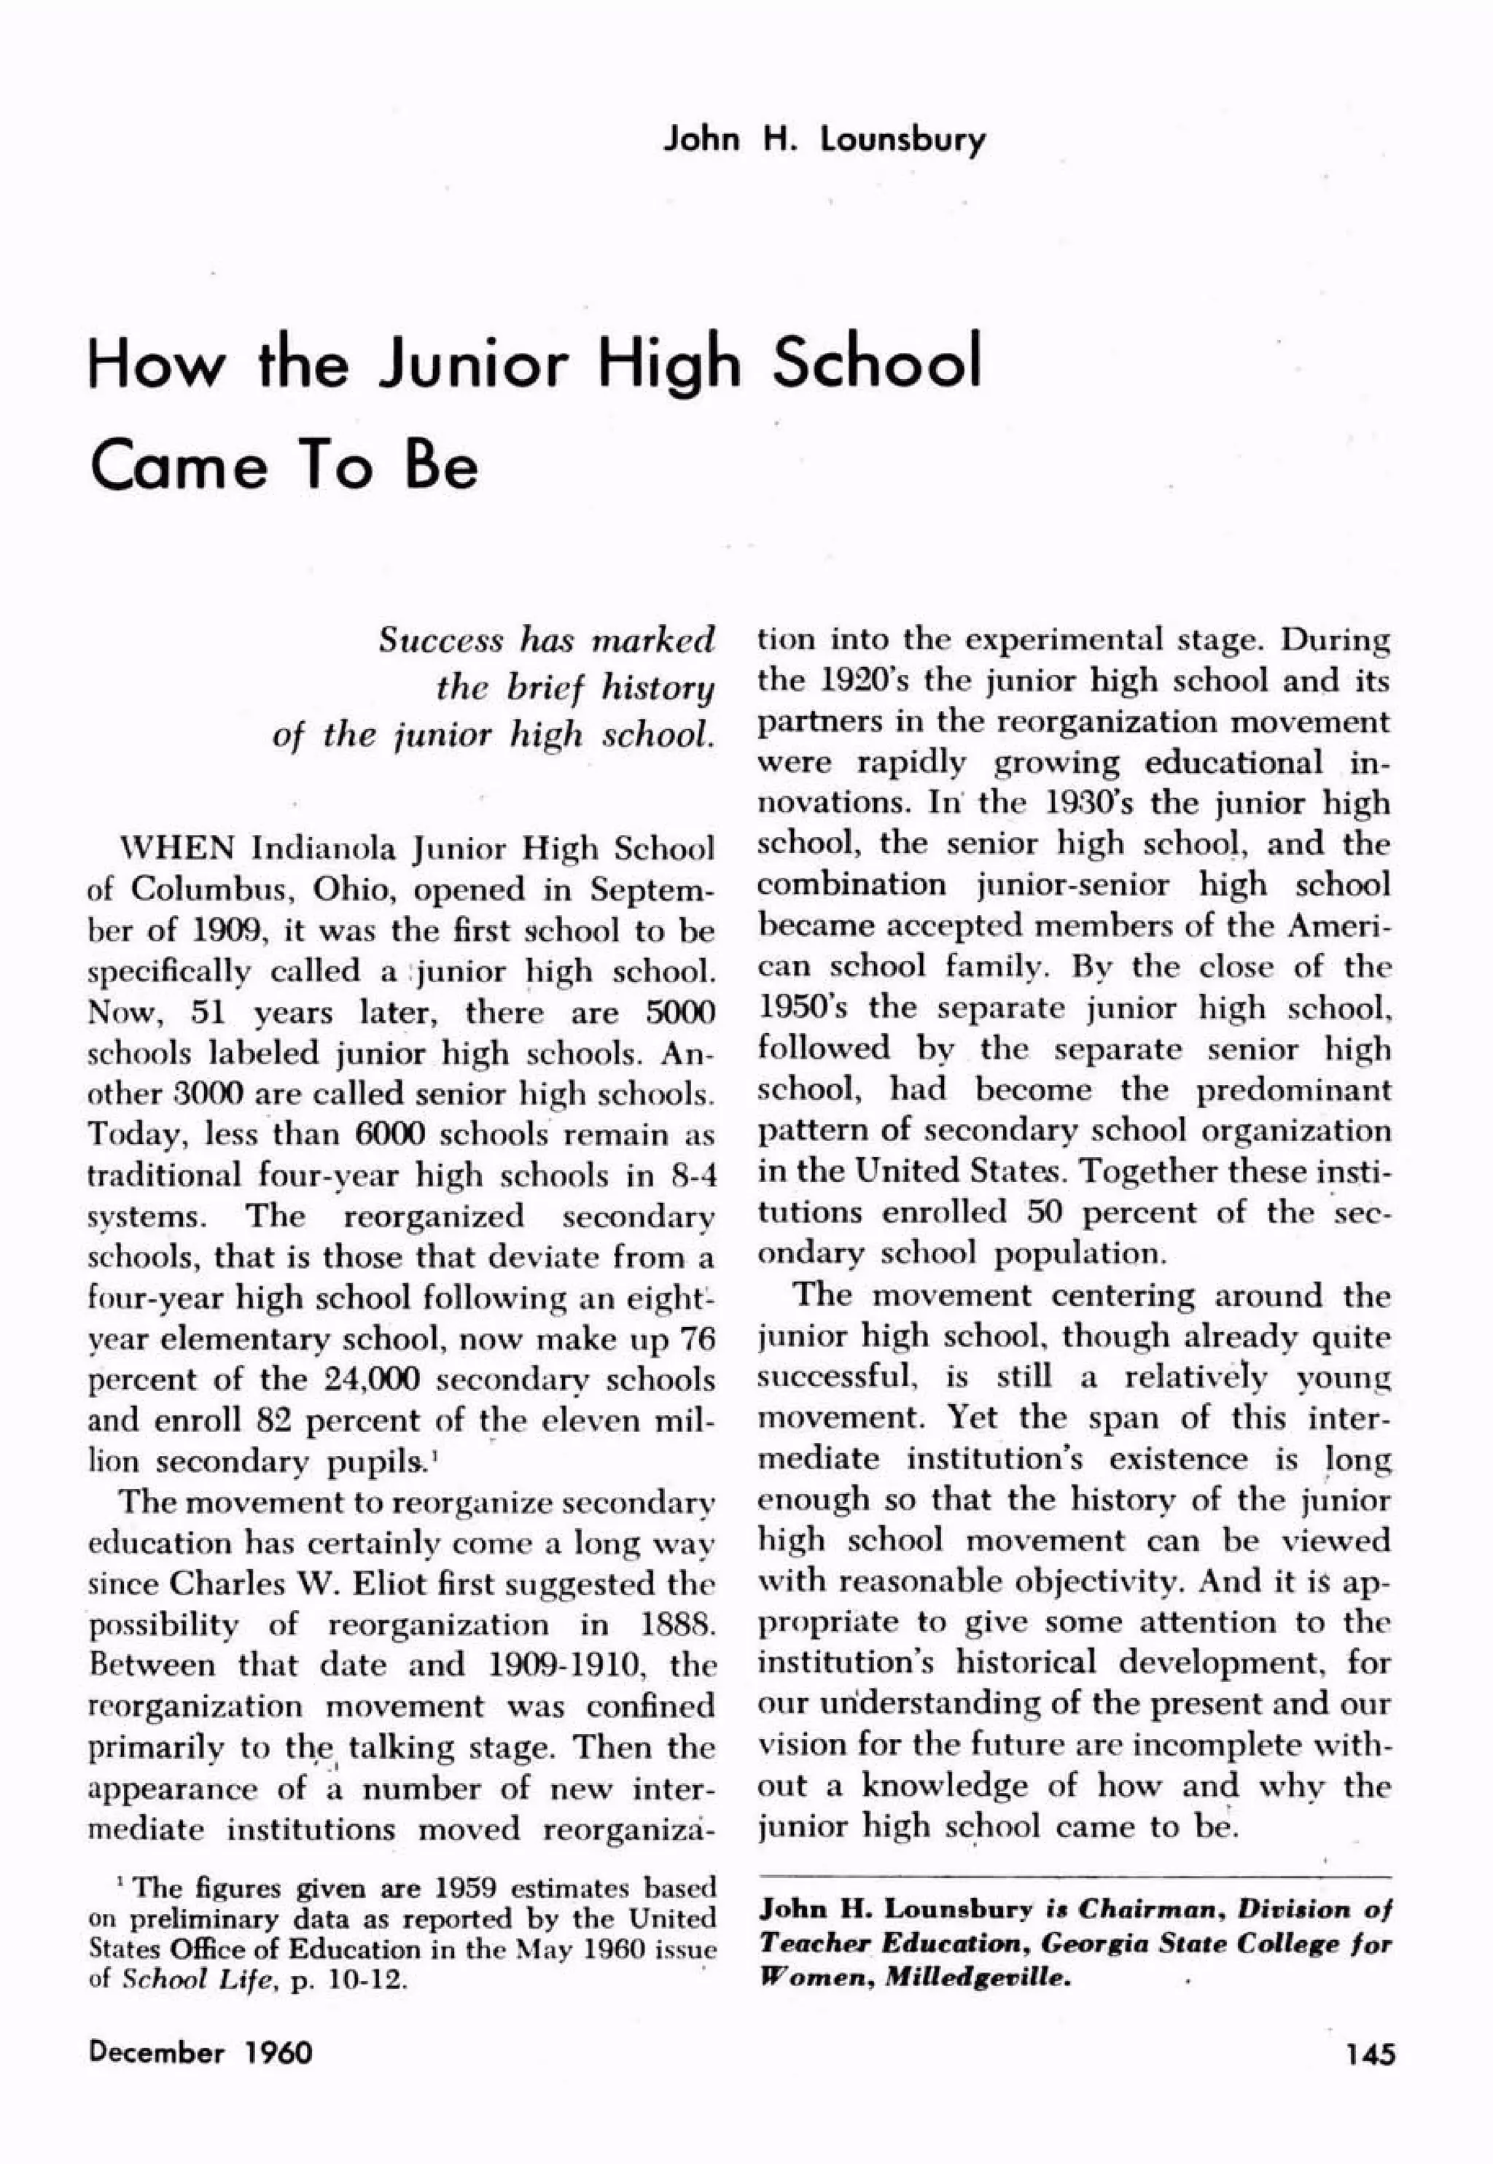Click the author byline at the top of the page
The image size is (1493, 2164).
point(823,140)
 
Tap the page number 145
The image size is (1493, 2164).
point(1371,2054)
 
